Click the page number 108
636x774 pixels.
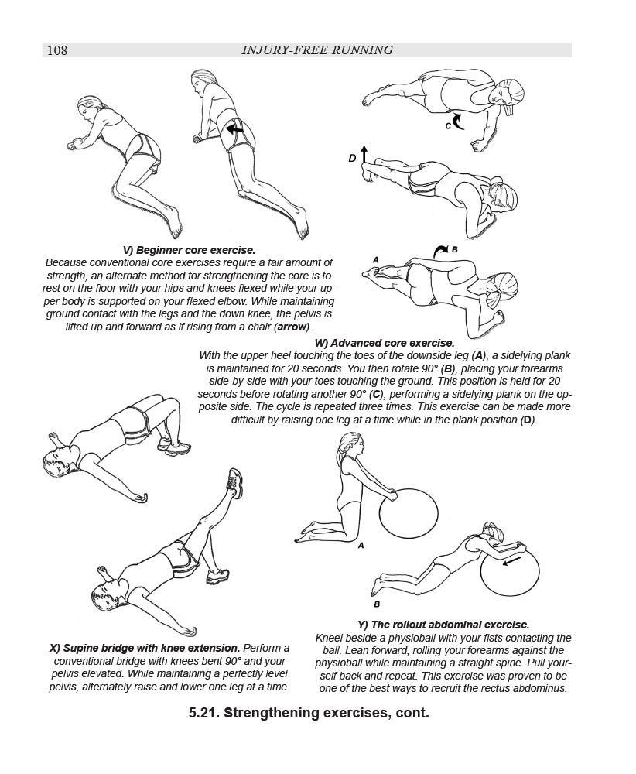57,50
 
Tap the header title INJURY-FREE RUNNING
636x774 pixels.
318,50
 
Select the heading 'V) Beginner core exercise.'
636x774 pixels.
190,250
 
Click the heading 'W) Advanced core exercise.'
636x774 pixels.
385,343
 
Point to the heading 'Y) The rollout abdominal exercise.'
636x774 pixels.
443,625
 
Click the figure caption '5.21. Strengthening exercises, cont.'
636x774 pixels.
309,712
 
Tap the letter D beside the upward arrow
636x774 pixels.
353,158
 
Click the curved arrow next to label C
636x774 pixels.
458,120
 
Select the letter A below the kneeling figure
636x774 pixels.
361,546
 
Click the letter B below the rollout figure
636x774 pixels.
377,604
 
